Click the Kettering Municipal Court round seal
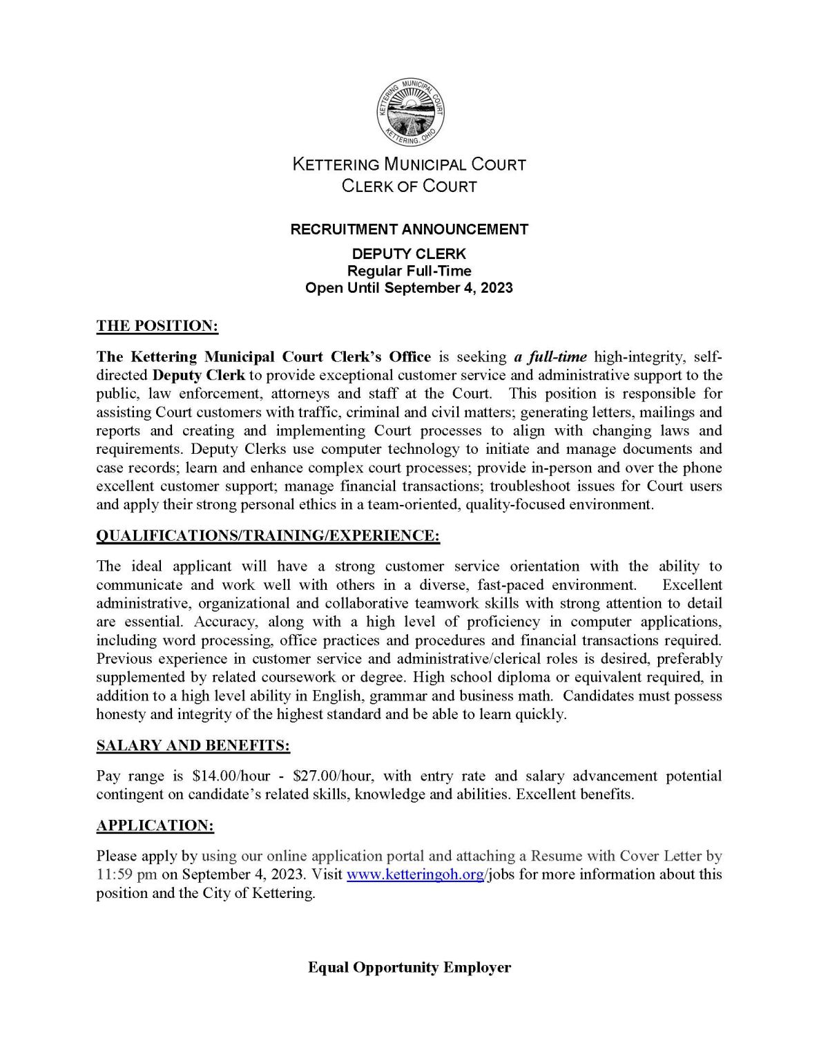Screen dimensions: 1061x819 coord(409,113)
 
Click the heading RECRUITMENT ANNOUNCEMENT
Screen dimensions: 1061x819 coord(409,229)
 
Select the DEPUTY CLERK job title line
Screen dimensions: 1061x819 coord(409,254)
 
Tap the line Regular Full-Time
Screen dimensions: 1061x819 coord(409,271)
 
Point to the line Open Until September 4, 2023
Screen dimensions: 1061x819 coord(409,288)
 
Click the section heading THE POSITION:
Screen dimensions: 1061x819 coord(157,326)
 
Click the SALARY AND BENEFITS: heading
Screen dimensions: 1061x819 coord(193,746)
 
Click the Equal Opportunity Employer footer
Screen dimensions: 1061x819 coord(409,967)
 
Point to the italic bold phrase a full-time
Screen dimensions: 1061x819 coord(550,357)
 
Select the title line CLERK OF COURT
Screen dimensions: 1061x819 coord(409,187)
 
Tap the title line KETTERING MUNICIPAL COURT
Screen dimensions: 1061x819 coord(409,165)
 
